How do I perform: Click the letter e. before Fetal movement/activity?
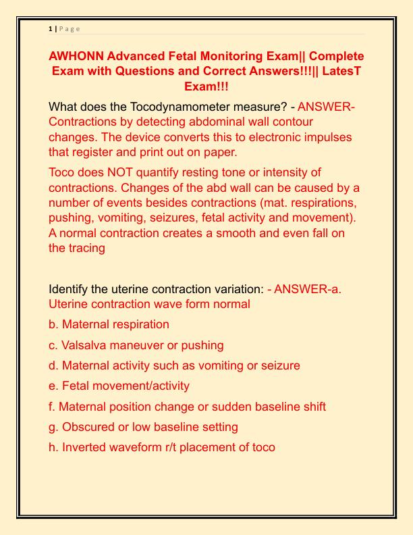pyautogui.click(x=54, y=386)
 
